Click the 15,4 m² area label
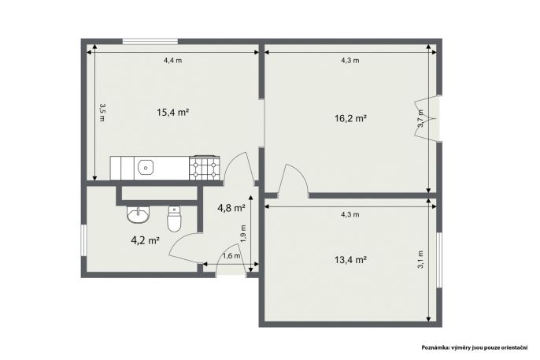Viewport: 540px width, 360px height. pyautogui.click(x=172, y=113)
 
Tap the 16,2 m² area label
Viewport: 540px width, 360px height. pyautogui.click(x=350, y=119)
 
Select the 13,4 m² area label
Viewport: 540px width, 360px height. pyautogui.click(x=350, y=260)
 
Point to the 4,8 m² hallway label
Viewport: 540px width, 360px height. pyautogui.click(x=231, y=208)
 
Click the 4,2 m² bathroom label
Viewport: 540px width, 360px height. pyautogui.click(x=145, y=240)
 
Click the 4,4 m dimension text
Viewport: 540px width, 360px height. pyautogui.click(x=172, y=61)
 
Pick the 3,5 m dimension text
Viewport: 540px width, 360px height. pyautogui.click(x=102, y=113)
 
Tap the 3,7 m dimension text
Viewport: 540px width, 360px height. pyautogui.click(x=420, y=118)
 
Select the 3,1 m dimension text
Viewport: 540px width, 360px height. pyautogui.click(x=420, y=260)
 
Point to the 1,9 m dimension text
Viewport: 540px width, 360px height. pyautogui.click(x=243, y=234)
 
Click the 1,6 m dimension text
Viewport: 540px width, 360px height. pyautogui.click(x=231, y=256)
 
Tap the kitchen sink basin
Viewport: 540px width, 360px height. pyautogui.click(x=146, y=168)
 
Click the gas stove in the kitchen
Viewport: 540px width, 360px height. pyautogui.click(x=204, y=168)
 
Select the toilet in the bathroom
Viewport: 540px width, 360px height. pyautogui.click(x=174, y=218)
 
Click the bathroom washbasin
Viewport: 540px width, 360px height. pyautogui.click(x=138, y=214)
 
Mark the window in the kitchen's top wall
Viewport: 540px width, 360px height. pyautogui.click(x=150, y=41)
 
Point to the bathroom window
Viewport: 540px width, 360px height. pyautogui.click(x=83, y=240)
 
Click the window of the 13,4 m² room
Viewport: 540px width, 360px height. pyautogui.click(x=439, y=260)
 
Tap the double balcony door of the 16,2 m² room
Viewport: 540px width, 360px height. pyautogui.click(x=427, y=118)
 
